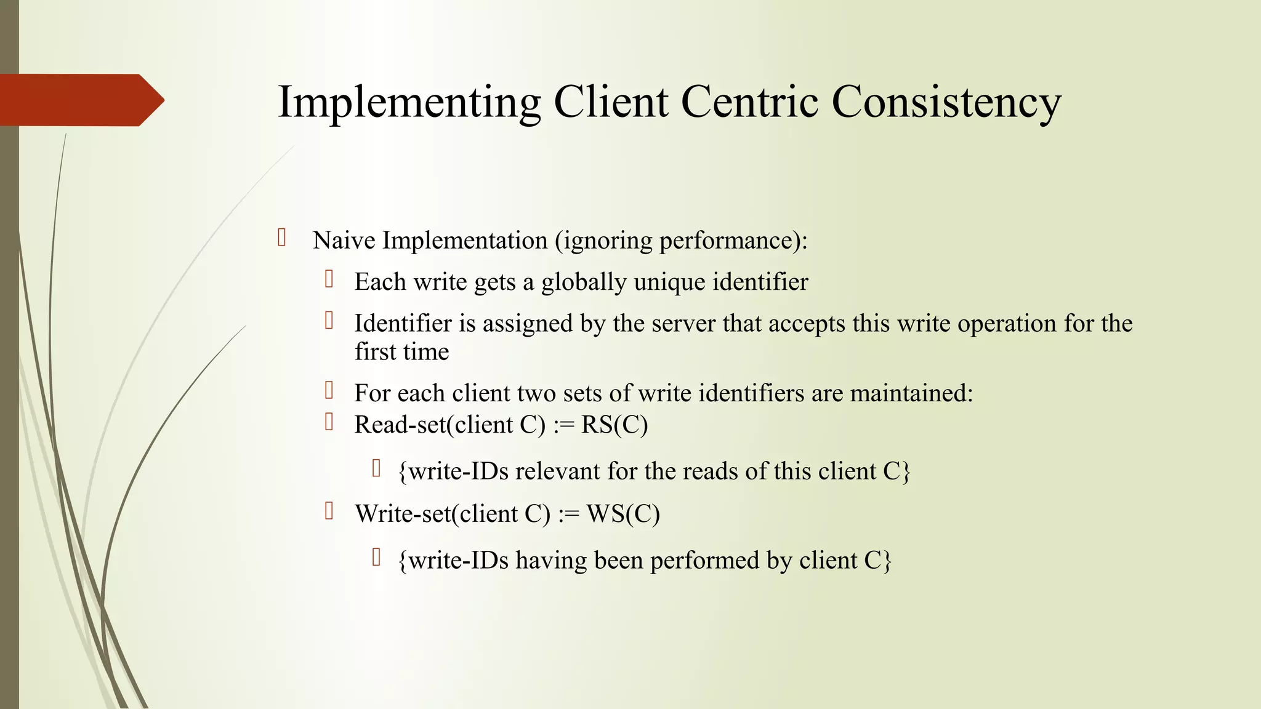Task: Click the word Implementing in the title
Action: (x=409, y=102)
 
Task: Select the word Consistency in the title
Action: (x=946, y=102)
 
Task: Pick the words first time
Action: (x=401, y=351)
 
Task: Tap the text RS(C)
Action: (x=614, y=425)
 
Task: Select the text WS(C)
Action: (x=623, y=514)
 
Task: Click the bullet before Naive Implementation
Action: (x=282, y=238)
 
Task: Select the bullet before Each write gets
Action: (x=329, y=279)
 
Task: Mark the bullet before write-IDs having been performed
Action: (x=377, y=558)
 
